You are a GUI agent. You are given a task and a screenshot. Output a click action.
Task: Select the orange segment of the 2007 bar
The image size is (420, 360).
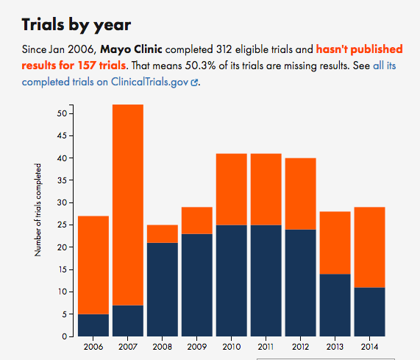(x=128, y=205)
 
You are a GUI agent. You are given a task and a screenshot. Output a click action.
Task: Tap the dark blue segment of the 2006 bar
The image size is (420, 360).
(x=93, y=325)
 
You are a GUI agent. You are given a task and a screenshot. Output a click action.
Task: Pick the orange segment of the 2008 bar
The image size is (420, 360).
(x=163, y=234)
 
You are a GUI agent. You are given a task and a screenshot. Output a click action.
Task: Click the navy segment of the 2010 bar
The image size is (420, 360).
(x=232, y=280)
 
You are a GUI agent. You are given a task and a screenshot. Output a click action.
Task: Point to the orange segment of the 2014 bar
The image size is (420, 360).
(x=370, y=247)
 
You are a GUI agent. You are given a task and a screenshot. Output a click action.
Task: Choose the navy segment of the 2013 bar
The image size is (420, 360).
(x=335, y=305)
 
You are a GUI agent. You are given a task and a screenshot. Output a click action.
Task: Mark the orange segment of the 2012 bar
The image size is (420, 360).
(x=301, y=194)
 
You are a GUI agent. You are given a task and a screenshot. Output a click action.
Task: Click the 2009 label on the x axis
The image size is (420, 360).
(x=197, y=347)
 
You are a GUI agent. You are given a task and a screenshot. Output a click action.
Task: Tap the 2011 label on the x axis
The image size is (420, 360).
(x=266, y=347)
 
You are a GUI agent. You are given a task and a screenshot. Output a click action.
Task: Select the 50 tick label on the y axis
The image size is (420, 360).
(x=62, y=113)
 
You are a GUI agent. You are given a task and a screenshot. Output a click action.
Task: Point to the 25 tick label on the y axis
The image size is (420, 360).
(x=62, y=225)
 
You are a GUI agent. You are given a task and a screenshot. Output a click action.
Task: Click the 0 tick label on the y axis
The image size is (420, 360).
(x=64, y=336)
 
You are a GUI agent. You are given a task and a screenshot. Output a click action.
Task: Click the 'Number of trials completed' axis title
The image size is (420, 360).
(x=38, y=210)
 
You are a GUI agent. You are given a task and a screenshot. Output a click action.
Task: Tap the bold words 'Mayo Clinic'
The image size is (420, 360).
(x=131, y=49)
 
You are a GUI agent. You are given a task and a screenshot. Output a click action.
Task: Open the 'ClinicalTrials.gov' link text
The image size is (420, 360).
(x=150, y=82)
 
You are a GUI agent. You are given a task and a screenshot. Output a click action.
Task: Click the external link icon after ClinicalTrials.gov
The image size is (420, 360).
(x=194, y=82)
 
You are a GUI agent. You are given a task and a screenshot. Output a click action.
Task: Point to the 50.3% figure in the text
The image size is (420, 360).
(x=200, y=66)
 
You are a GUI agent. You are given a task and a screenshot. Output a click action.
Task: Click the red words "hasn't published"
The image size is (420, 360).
(x=360, y=49)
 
